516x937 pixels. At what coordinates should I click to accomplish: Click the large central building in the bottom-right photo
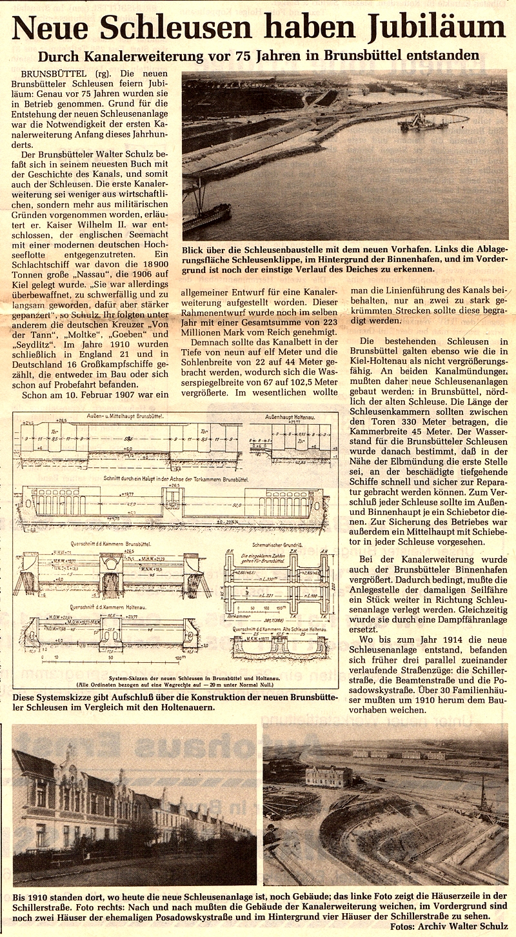[x=330, y=776]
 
